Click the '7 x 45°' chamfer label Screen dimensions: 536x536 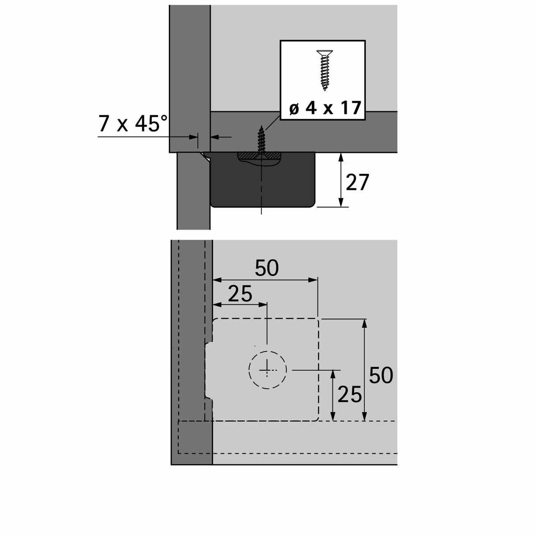133,123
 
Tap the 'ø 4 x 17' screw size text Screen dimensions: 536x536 325,108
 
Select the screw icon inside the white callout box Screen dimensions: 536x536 325,71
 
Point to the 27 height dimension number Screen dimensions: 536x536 357,182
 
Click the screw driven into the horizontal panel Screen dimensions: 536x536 261,140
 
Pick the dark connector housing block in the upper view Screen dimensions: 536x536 263,180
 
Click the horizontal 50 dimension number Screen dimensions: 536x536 267,268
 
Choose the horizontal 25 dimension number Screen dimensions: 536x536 240,294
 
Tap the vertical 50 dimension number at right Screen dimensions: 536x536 381,376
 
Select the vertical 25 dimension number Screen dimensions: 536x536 349,394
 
